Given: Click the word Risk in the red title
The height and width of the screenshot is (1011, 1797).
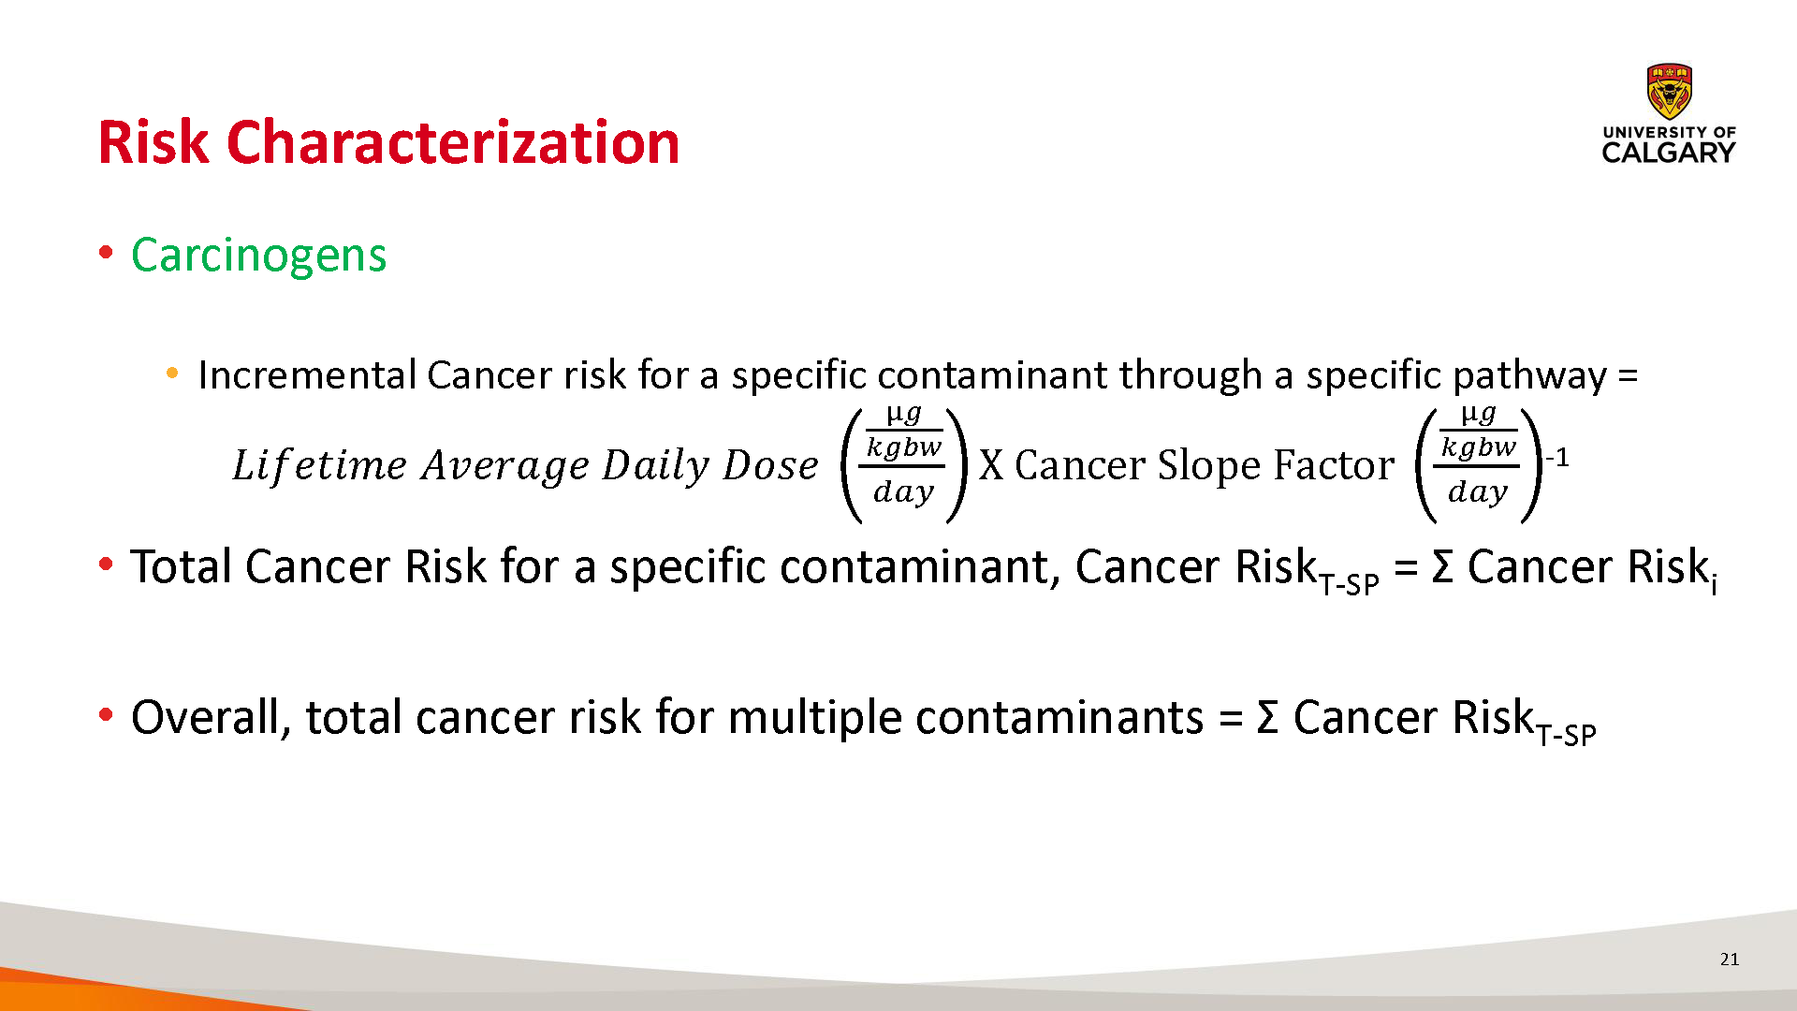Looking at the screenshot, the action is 153,142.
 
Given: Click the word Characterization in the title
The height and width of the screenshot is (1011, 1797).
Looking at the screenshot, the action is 453,142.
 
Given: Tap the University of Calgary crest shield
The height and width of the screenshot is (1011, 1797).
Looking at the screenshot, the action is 1669,91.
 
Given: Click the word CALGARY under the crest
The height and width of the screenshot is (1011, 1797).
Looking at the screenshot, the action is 1669,153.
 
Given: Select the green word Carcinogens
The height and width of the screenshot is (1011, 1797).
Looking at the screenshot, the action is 259,256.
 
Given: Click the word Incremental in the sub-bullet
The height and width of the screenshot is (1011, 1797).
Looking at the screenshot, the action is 307,375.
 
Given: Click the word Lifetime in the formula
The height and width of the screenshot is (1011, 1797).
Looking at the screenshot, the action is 320,465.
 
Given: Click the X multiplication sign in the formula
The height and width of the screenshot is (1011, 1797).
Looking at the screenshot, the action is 991,465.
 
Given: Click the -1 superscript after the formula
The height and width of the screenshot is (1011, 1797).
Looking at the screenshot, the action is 1557,458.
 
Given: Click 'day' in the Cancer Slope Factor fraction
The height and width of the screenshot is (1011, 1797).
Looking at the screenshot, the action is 1478,491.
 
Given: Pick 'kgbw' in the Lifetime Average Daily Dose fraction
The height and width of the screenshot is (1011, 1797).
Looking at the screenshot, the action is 903,447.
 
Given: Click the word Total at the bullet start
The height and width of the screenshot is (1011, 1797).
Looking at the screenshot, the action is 183,566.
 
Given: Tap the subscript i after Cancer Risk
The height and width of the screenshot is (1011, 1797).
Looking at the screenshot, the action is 1714,585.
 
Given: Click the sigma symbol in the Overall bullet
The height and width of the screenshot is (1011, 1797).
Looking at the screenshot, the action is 1267,718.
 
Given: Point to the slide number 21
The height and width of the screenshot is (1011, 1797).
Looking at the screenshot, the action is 1730,959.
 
